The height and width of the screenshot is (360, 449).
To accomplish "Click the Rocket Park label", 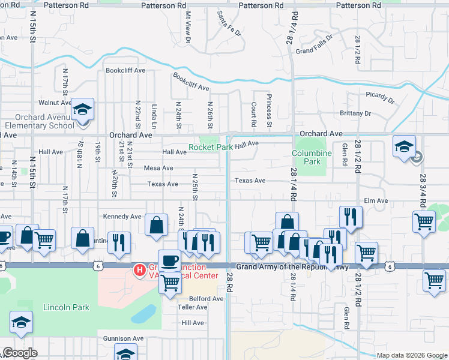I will click(x=211, y=146).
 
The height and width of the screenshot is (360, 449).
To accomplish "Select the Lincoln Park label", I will click(x=66, y=307).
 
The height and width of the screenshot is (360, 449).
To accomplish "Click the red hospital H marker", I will click(x=140, y=271).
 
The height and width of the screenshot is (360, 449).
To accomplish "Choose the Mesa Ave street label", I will click(x=158, y=168).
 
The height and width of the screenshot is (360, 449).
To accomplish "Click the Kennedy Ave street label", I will click(x=122, y=216).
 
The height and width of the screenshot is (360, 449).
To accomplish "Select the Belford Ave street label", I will click(x=206, y=298).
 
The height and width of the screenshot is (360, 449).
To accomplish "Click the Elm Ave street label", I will click(x=375, y=200).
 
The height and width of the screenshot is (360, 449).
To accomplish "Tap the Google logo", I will click(x=20, y=353).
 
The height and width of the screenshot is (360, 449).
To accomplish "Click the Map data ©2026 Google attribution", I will click(x=411, y=355).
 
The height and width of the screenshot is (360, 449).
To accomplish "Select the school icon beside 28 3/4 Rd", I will click(x=404, y=145).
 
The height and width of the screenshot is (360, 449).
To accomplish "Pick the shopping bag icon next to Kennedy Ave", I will click(x=156, y=225).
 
